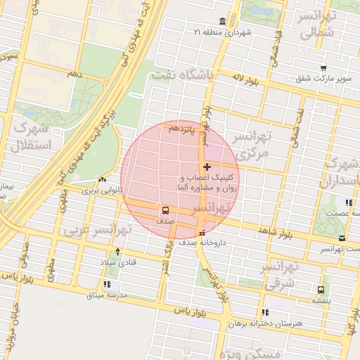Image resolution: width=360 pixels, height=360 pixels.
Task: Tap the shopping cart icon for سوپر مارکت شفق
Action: (x=323, y=68)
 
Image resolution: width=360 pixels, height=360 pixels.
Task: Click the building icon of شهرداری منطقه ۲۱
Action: (x=223, y=20)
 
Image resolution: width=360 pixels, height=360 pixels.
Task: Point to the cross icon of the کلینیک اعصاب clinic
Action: (x=206, y=167)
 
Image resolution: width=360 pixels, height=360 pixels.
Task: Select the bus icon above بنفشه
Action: (x=321, y=289)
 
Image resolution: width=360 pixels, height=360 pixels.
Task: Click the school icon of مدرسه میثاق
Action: (x=107, y=285)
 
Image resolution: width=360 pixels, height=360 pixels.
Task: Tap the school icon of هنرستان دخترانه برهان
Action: (x=264, y=312)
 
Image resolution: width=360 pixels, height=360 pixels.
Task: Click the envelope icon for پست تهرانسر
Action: (x=342, y=238)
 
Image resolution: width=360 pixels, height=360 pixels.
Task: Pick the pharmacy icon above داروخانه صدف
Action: (x=202, y=233)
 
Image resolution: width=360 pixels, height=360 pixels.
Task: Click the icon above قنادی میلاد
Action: (x=117, y=251)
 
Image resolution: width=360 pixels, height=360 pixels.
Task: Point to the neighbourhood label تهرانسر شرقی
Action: (x=276, y=277)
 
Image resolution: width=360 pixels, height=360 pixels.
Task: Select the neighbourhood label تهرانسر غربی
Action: (x=98, y=229)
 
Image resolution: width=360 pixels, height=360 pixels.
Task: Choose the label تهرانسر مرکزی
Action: (x=252, y=143)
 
